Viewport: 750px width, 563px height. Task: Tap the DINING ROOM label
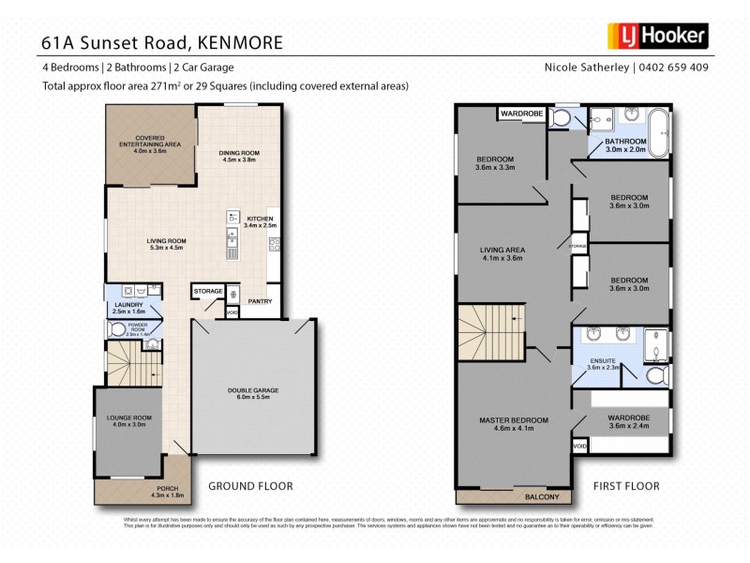pyautogui.click(x=240, y=156)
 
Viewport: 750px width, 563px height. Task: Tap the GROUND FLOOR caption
pyautogui.click(x=249, y=486)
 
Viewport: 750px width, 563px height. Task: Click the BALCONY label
pyautogui.click(x=541, y=496)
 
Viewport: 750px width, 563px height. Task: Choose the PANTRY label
pyautogui.click(x=260, y=302)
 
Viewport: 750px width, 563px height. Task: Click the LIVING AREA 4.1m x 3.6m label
pyautogui.click(x=501, y=253)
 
